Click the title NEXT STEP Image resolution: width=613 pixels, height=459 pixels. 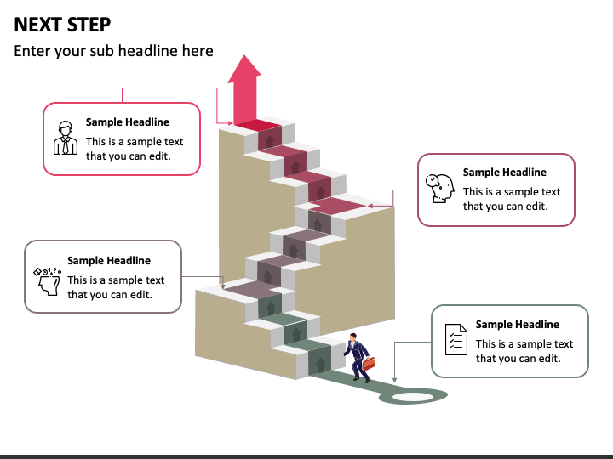click(62, 25)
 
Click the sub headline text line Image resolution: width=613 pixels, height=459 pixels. click(113, 51)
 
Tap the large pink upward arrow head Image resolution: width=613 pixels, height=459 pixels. click(244, 69)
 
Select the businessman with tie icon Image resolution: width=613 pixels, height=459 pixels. click(66, 138)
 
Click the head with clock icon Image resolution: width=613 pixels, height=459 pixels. click(440, 188)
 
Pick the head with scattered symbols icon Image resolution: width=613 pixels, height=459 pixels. click(48, 281)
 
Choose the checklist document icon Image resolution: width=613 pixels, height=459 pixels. click(456, 339)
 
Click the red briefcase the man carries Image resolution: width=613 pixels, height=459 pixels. click(369, 363)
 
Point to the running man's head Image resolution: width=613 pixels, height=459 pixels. click(353, 337)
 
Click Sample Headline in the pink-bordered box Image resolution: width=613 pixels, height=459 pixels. click(128, 122)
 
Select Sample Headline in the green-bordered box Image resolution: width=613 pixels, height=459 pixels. click(518, 325)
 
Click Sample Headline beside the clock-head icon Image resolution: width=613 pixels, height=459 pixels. click(505, 172)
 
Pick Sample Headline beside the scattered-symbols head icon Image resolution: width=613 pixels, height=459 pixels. click(109, 260)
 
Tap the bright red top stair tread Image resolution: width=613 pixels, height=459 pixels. click(258, 125)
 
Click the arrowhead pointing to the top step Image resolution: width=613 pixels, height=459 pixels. click(230, 123)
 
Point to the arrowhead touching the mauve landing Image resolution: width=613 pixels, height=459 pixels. click(223, 286)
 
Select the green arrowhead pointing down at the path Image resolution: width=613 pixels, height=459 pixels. click(394, 380)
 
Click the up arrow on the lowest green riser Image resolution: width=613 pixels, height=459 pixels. click(321, 364)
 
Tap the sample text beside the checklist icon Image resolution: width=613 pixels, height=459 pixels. click(524, 351)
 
